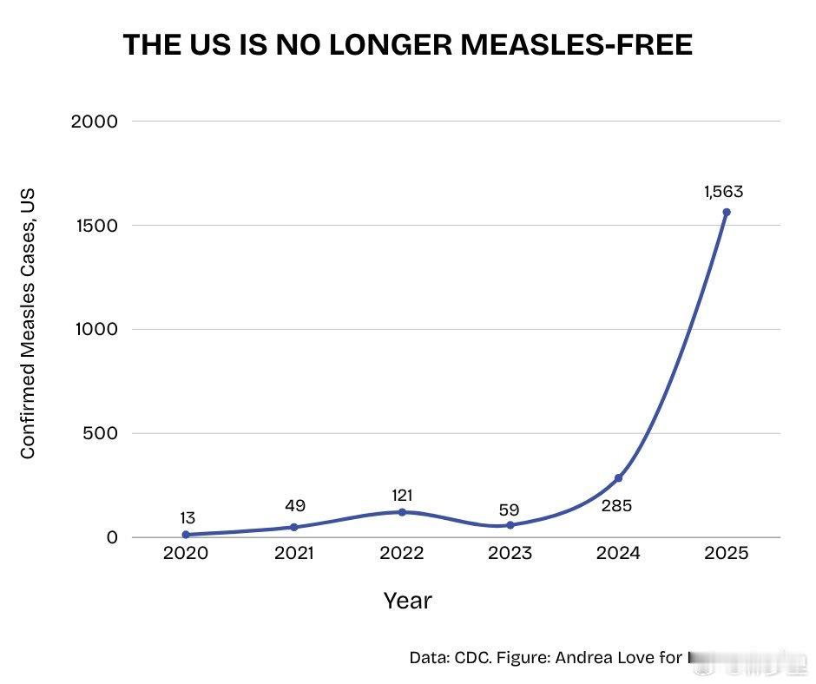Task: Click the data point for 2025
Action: point(727,212)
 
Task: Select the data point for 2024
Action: point(618,478)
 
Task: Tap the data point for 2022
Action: point(401,512)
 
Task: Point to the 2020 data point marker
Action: point(186,535)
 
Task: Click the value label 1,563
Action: point(723,193)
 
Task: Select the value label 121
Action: point(401,495)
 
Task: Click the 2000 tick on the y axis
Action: point(94,122)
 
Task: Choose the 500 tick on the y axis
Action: point(100,433)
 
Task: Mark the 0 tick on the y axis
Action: point(112,537)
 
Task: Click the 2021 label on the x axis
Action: point(293,554)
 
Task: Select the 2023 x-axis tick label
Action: point(510,554)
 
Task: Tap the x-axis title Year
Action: point(407,600)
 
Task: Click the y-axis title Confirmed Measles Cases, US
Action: point(28,323)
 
